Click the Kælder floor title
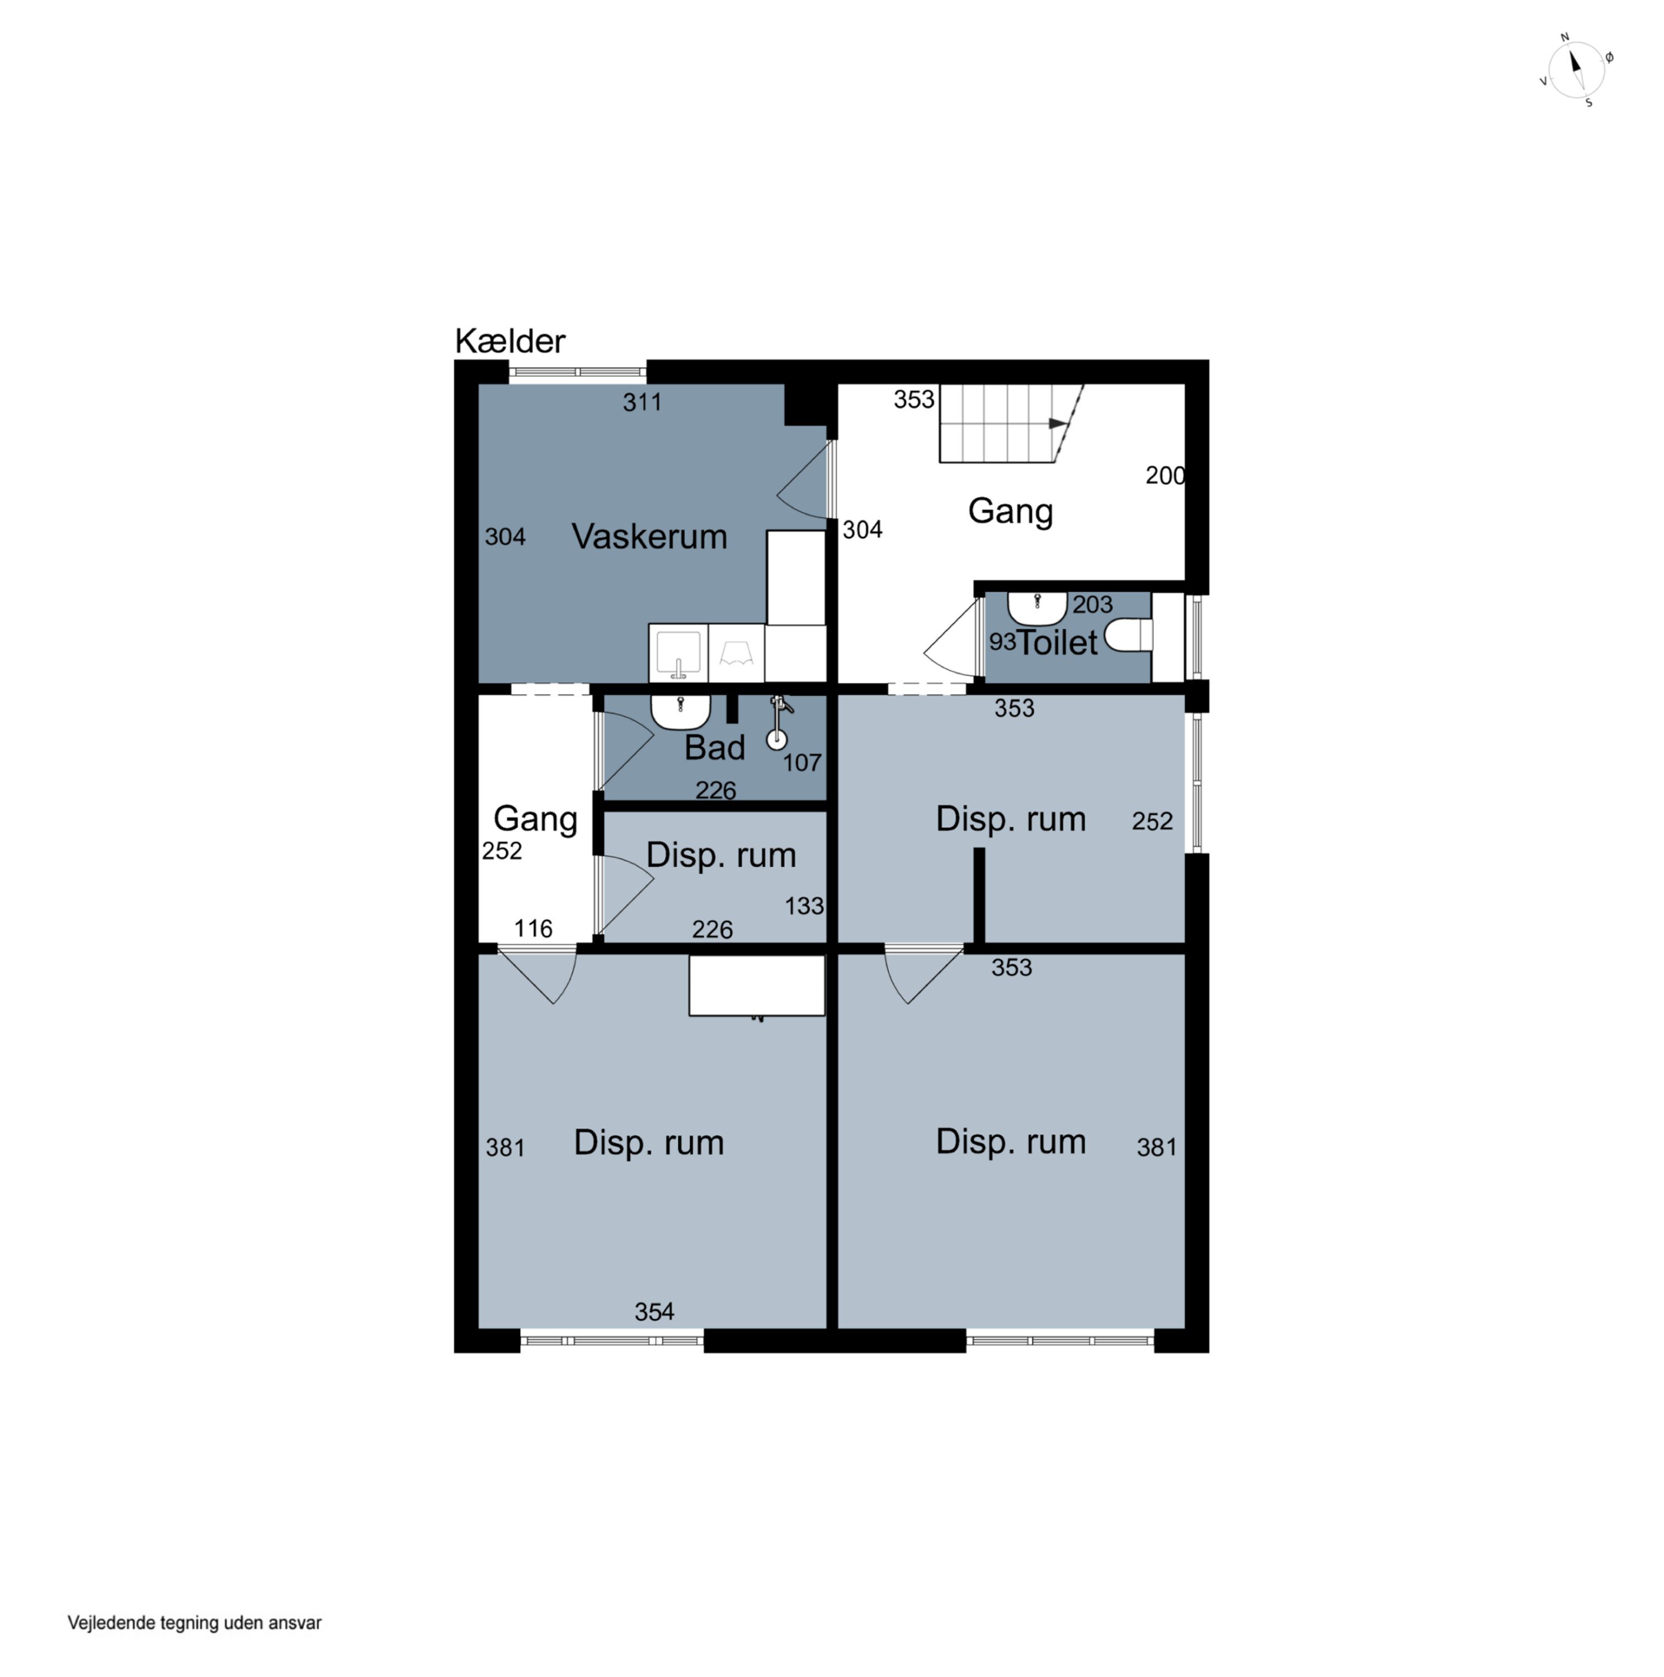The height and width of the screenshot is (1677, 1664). [x=510, y=341]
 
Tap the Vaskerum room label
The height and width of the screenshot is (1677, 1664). [x=649, y=537]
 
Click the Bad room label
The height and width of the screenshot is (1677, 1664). [x=714, y=747]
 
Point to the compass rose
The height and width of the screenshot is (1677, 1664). [x=1576, y=69]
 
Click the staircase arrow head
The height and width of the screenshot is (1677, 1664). [x=1058, y=424]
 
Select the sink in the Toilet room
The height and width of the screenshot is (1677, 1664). [x=1037, y=608]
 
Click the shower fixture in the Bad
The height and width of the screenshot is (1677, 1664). [x=777, y=722]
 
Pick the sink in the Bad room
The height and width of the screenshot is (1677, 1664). [x=680, y=712]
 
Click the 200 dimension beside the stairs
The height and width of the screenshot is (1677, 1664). [x=1165, y=476]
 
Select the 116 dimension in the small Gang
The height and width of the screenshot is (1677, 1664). [x=532, y=928]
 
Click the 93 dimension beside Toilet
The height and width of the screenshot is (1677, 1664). [x=1002, y=642]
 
